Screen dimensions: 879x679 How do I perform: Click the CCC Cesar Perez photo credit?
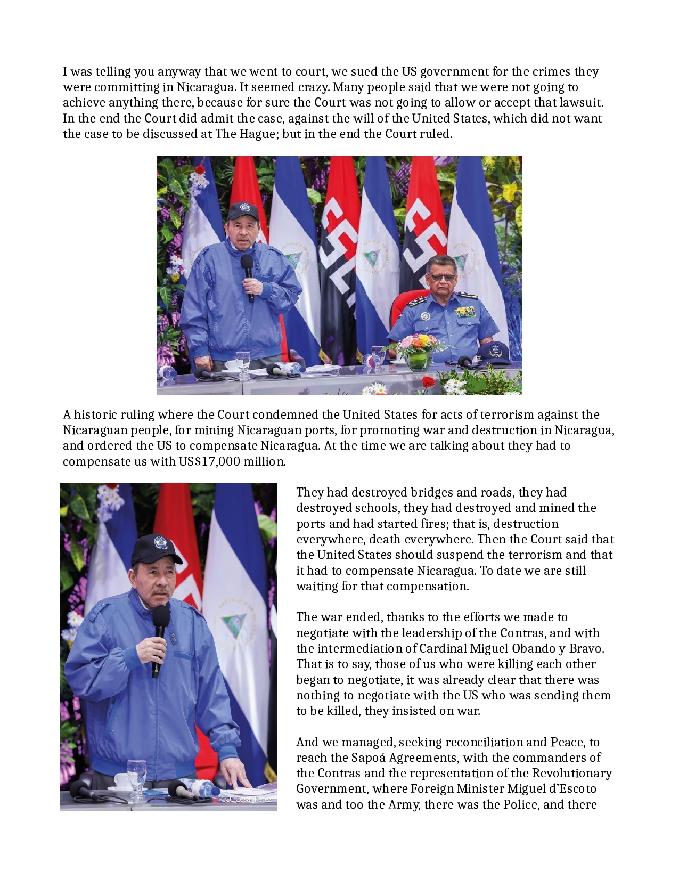[246, 799]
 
